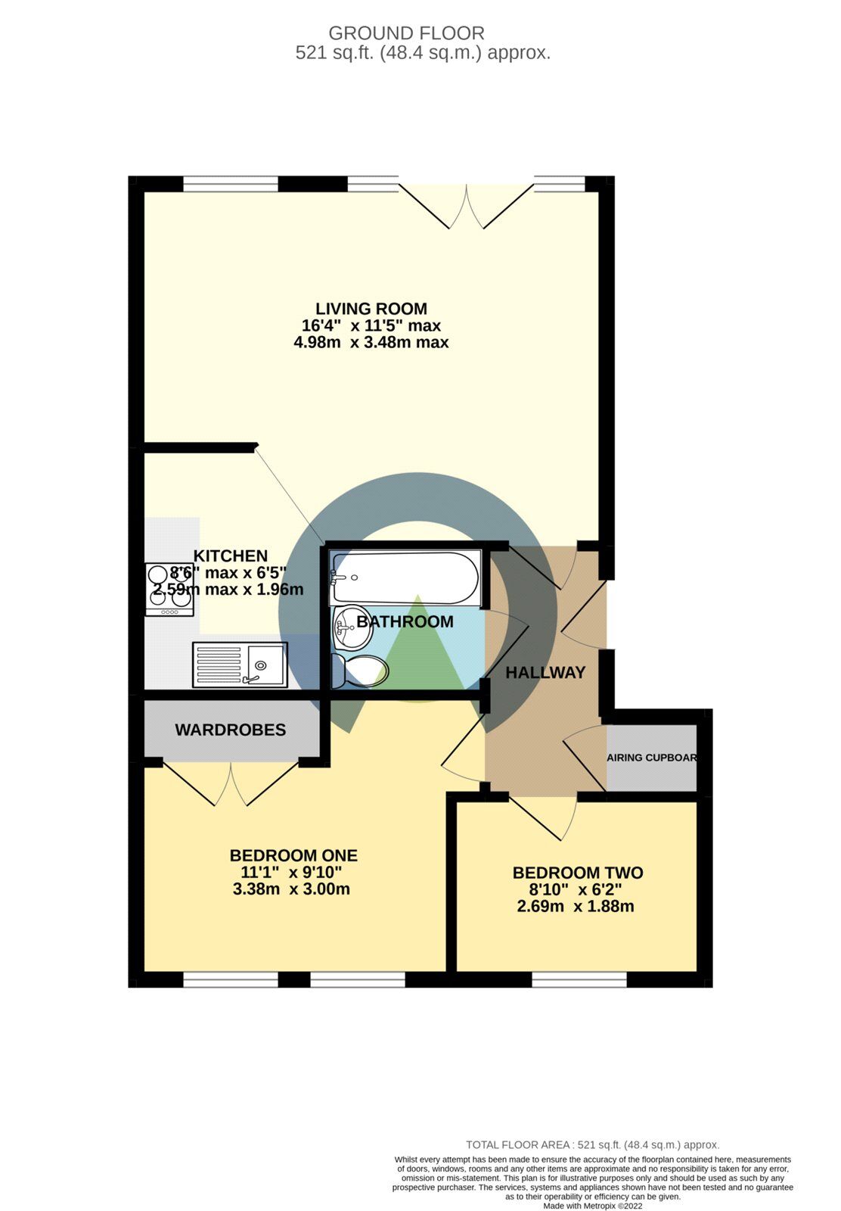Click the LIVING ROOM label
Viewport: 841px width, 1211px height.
pyautogui.click(x=371, y=309)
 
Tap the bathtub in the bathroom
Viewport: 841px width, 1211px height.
pyautogui.click(x=405, y=577)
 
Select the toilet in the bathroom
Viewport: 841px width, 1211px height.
pyautogui.click(x=362, y=671)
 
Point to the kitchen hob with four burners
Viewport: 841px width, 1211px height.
pyautogui.click(x=169, y=589)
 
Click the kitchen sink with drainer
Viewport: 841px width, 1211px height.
pyautogui.click(x=240, y=665)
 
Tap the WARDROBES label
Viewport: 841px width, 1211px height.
pyautogui.click(x=231, y=730)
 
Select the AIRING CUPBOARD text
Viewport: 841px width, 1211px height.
pyautogui.click(x=651, y=758)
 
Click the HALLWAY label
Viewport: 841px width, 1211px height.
pyautogui.click(x=545, y=672)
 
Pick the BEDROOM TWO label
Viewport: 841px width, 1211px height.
pyautogui.click(x=578, y=873)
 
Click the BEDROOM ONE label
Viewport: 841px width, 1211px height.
pyautogui.click(x=293, y=855)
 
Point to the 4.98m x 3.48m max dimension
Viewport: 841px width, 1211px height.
pyautogui.click(x=371, y=343)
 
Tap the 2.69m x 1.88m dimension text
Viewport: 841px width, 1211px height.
pyautogui.click(x=576, y=906)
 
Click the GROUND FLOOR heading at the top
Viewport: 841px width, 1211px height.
pyautogui.click(x=406, y=33)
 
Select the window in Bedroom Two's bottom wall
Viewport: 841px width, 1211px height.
pyautogui.click(x=580, y=979)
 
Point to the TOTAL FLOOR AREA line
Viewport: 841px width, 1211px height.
pyautogui.click(x=592, y=1145)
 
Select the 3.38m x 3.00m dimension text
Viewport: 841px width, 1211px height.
pyautogui.click(x=292, y=889)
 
